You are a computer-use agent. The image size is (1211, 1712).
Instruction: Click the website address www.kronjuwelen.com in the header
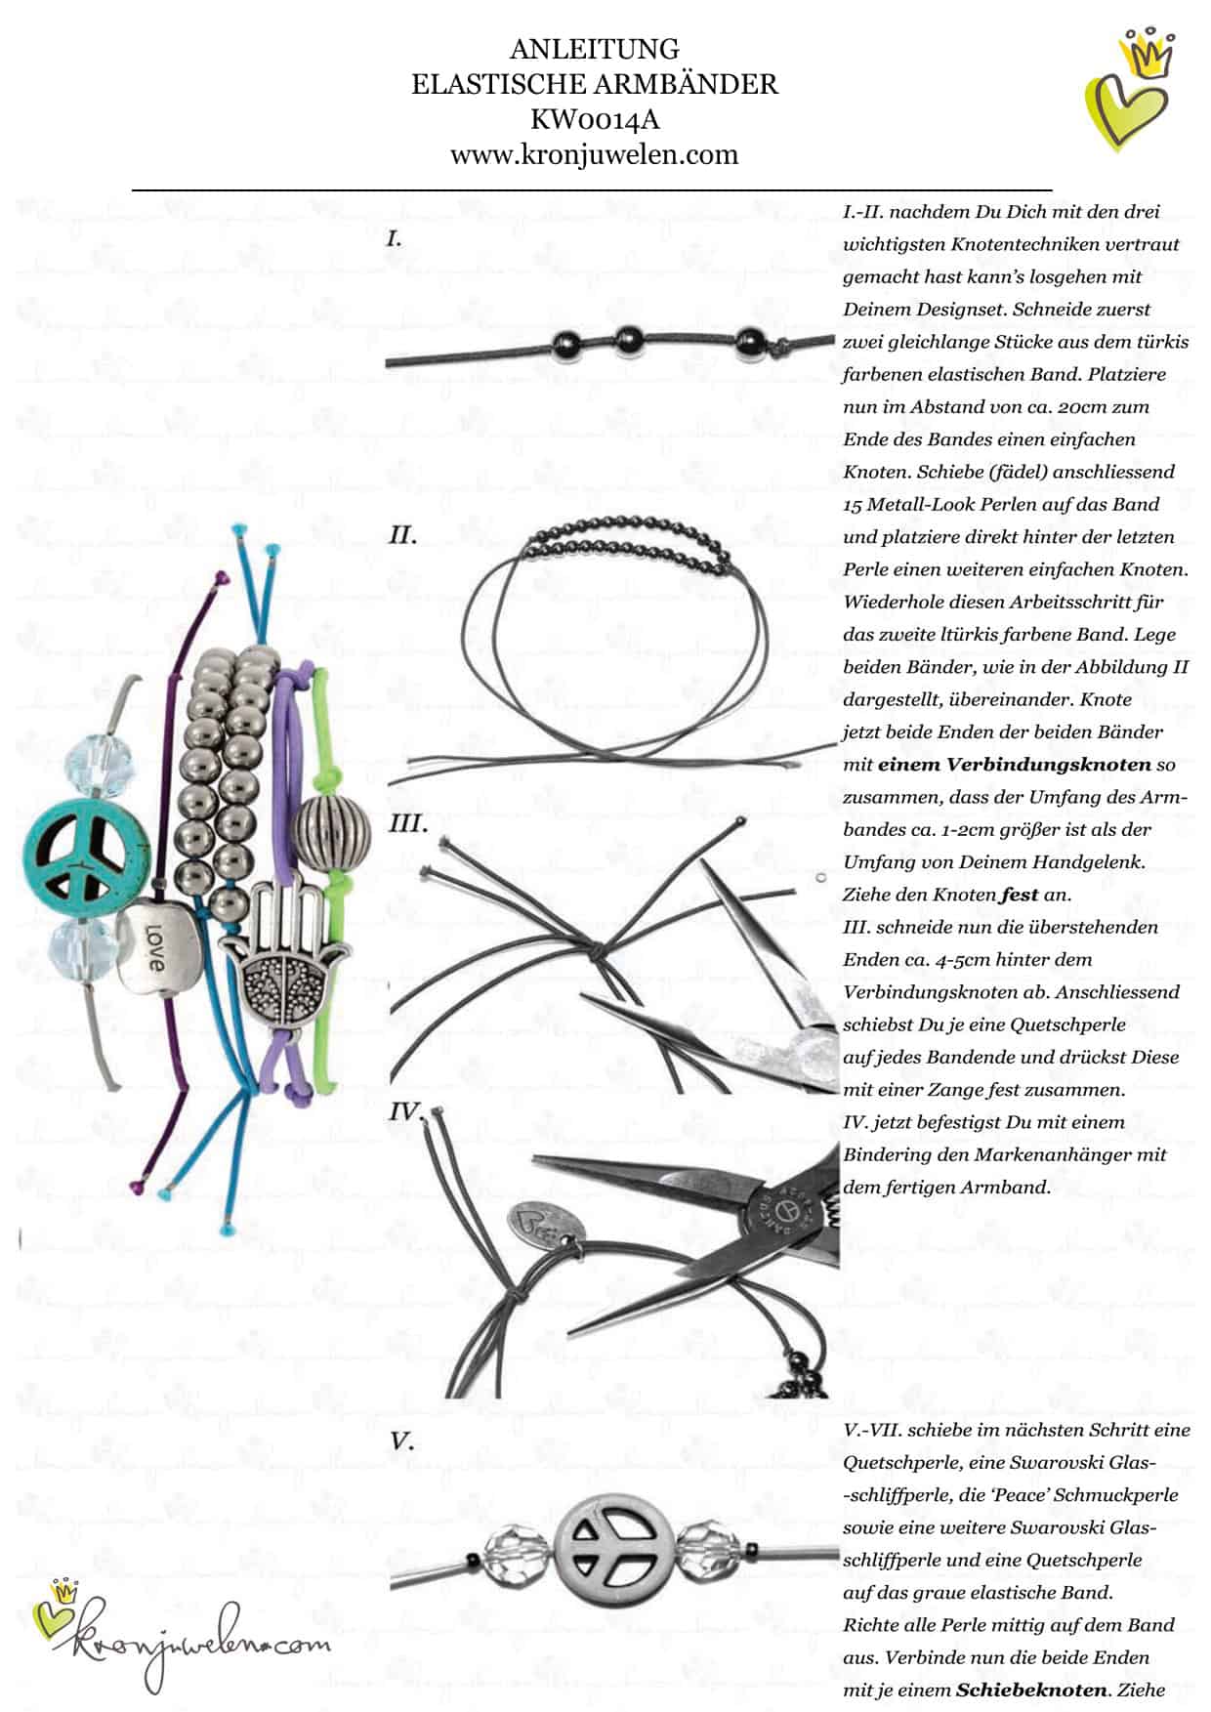[x=594, y=154]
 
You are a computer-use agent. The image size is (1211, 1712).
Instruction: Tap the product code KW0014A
[x=594, y=119]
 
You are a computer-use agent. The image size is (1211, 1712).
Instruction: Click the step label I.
[x=395, y=237]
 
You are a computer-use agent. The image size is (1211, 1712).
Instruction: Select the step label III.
[x=408, y=823]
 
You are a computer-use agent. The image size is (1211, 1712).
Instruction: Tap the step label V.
[x=401, y=1441]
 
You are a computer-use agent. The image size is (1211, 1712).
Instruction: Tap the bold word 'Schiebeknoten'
[x=1031, y=1690]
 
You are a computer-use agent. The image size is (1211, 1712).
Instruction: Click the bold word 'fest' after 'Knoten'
[x=1019, y=894]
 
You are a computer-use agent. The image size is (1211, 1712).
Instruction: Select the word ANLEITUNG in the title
[x=594, y=49]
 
